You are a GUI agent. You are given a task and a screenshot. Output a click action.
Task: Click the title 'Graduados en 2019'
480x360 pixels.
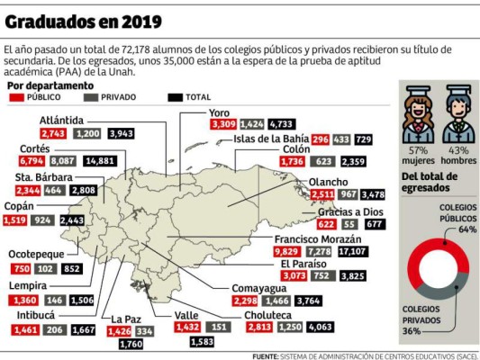coord(86,19)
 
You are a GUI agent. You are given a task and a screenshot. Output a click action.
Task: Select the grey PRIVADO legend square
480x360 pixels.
coord(89,95)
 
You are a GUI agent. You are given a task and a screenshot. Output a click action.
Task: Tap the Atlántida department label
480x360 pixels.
coord(62,121)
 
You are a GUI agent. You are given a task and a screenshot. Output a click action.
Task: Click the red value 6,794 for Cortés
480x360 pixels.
coord(31,161)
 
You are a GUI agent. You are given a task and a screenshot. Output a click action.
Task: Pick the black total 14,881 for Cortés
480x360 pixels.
coord(100,161)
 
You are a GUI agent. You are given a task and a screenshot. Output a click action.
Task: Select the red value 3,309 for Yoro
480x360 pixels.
coord(223,124)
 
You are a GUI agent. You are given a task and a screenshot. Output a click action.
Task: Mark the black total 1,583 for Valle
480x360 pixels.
coord(201,342)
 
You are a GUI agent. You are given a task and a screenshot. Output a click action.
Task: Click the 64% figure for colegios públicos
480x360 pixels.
coord(466,229)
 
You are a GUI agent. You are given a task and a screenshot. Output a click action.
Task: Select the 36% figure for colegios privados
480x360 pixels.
coord(411,332)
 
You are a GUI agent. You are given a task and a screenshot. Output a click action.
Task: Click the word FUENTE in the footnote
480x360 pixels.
coord(267,355)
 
